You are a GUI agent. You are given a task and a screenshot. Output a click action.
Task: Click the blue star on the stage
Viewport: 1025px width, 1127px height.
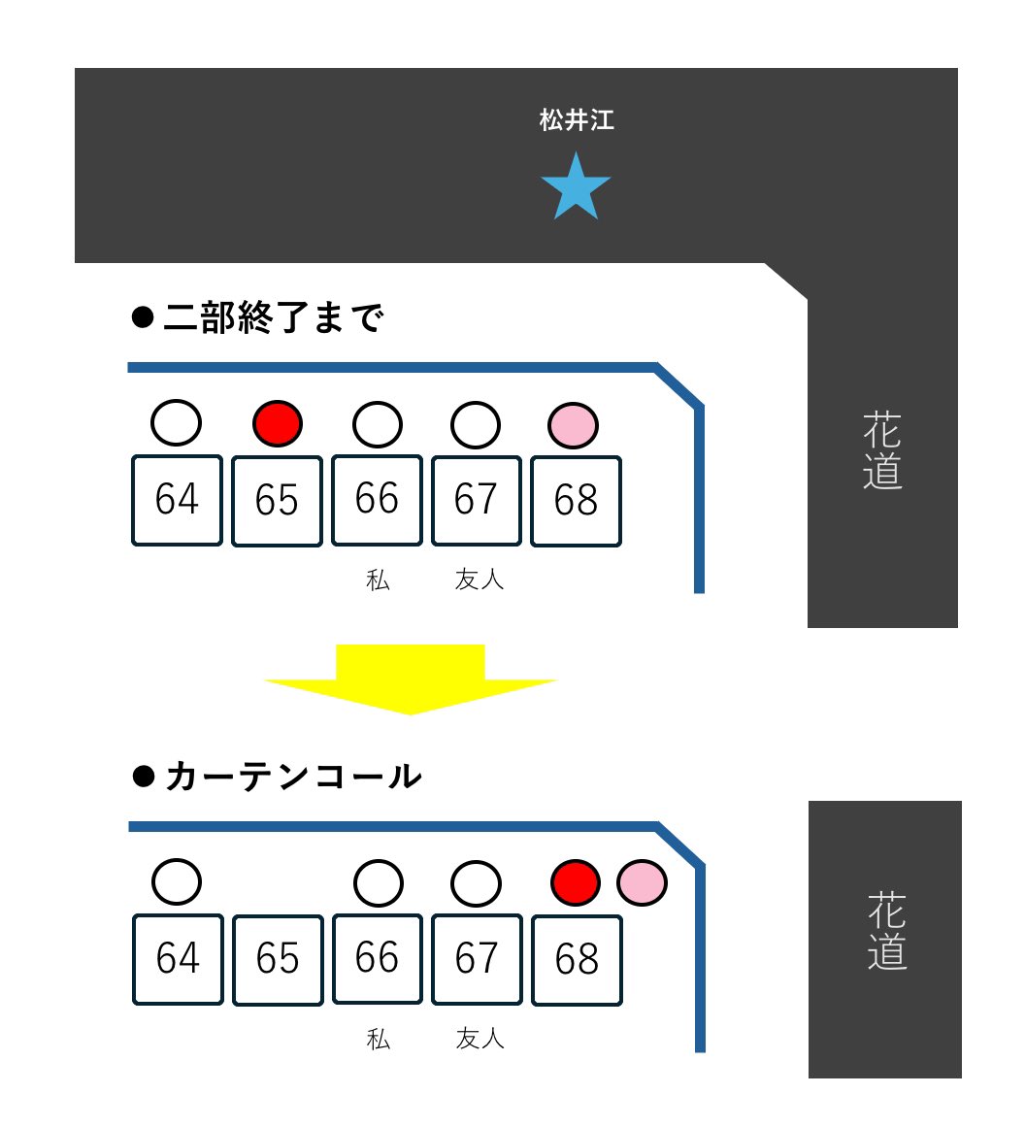(x=576, y=187)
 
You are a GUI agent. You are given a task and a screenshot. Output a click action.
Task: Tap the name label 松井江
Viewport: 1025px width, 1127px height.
(x=577, y=120)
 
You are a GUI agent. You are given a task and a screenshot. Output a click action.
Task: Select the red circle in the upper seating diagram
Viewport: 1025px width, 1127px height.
(x=278, y=424)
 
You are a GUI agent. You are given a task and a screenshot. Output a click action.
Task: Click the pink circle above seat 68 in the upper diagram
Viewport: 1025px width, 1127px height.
(x=573, y=425)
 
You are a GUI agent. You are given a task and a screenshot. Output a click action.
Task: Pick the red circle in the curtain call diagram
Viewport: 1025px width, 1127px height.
(x=576, y=882)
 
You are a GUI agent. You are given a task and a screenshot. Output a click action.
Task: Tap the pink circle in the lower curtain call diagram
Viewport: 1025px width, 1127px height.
(x=642, y=882)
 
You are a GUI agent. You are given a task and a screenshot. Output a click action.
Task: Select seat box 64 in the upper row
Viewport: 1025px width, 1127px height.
(x=177, y=500)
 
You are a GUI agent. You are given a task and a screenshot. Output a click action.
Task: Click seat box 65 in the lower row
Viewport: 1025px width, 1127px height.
(x=278, y=959)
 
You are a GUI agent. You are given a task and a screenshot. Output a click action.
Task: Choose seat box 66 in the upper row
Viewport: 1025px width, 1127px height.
(x=377, y=500)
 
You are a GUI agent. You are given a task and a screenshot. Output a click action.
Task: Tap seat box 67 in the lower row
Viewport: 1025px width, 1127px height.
(x=477, y=959)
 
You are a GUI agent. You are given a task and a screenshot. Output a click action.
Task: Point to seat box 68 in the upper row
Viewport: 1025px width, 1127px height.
(x=576, y=500)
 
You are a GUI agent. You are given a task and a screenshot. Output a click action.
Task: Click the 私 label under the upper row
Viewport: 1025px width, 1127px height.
(x=378, y=580)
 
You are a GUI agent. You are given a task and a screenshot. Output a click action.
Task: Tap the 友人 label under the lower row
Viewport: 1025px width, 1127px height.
(x=479, y=1039)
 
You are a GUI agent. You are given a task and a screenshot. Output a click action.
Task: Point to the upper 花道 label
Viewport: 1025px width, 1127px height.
(x=882, y=451)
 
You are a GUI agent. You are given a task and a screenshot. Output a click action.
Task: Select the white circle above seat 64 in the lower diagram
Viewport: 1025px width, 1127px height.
(x=177, y=882)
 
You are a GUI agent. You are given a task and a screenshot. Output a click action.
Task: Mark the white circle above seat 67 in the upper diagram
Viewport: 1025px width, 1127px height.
(x=476, y=424)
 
